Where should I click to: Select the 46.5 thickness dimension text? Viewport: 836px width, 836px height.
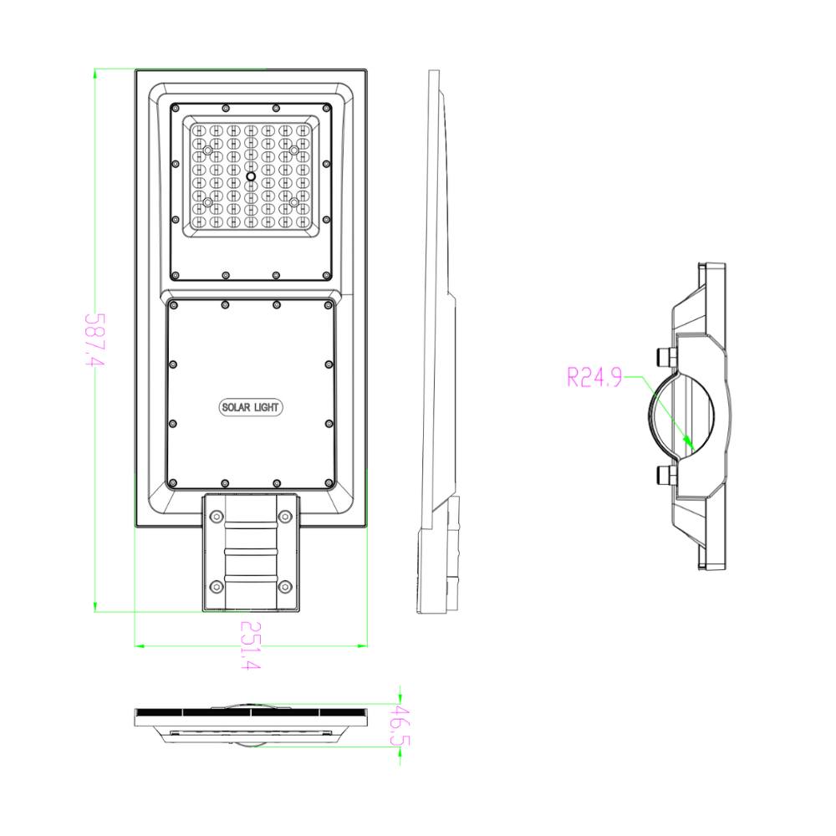coord(400,725)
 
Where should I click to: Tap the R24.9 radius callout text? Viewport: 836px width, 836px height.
coord(594,378)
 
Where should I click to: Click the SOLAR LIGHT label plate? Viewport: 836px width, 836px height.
coord(251,407)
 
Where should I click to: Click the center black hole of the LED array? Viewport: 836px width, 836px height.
coord(250,176)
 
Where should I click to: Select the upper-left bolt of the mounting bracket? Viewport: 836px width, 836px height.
coord(217,517)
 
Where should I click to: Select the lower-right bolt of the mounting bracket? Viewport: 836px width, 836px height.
coord(284,586)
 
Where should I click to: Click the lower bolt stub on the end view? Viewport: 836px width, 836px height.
coord(666,475)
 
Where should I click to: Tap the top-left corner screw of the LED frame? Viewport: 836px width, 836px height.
coord(176,108)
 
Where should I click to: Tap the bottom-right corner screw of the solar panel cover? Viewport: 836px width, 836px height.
coord(329,482)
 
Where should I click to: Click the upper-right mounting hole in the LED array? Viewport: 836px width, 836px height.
coord(294,150)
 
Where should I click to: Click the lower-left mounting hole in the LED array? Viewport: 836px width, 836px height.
coord(208,201)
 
